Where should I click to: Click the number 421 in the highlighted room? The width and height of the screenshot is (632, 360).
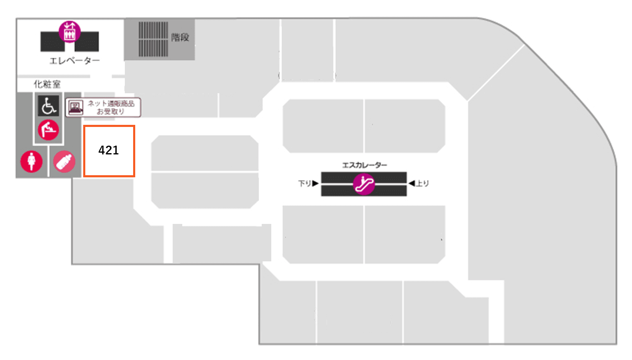[109, 150]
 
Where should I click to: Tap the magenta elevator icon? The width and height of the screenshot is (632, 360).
[69, 31]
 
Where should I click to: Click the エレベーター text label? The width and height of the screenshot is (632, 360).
[74, 61]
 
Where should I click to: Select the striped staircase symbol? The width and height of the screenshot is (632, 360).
[153, 39]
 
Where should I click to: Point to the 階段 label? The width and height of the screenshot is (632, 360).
[180, 37]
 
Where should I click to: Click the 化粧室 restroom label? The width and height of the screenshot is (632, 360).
[47, 84]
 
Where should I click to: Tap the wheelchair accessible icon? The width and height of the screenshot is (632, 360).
[48, 106]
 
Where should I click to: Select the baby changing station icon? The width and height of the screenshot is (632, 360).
[48, 130]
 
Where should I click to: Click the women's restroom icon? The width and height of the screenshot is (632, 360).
[32, 161]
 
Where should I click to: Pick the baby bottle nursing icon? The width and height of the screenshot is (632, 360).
[64, 161]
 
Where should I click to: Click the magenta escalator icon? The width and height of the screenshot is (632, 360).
[364, 184]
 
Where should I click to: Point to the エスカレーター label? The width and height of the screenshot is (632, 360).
[364, 165]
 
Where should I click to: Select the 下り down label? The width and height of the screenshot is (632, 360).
[304, 183]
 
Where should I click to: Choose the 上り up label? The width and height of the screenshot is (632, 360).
[423, 183]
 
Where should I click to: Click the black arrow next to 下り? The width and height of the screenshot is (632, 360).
[315, 183]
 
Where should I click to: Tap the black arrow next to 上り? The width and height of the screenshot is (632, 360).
[411, 183]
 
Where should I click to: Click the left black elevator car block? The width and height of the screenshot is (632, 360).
[50, 42]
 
